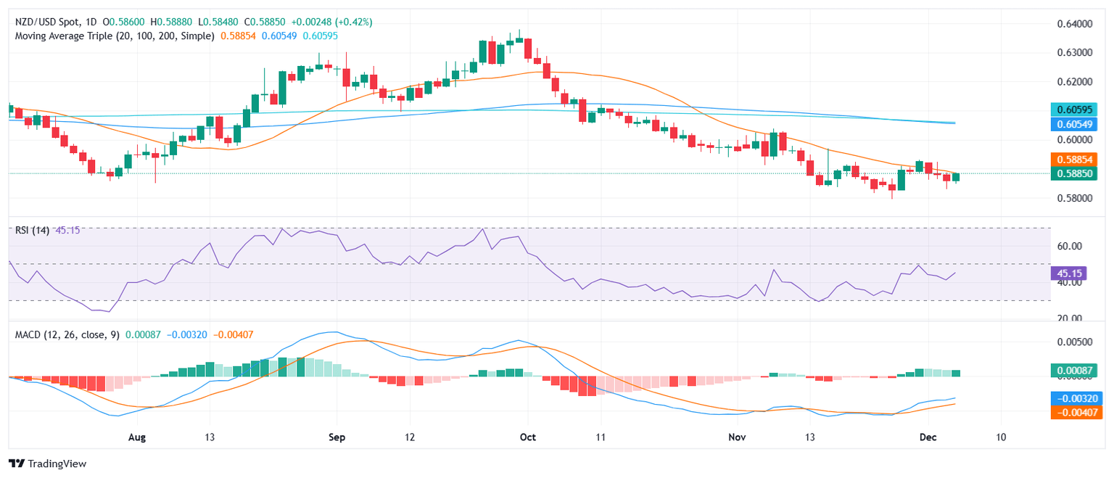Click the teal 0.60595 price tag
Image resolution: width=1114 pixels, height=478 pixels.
tap(1076, 110)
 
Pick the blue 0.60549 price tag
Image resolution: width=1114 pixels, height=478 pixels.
tap(1076, 124)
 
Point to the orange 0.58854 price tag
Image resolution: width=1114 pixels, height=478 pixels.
tap(1076, 159)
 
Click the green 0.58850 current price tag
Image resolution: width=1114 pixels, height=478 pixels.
tap(1076, 173)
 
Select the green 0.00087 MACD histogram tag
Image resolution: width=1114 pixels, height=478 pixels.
tap(1076, 371)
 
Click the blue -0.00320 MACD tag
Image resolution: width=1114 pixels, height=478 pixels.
tap(1076, 397)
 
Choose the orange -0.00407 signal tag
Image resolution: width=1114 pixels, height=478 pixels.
tap(1076, 412)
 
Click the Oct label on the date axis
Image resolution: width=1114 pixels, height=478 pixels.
tap(528, 437)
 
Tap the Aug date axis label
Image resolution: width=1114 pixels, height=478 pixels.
tap(136, 437)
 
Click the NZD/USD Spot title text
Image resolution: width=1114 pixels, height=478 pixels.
tap(47, 22)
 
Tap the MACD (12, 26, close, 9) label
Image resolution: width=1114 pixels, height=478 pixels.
tap(65, 334)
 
